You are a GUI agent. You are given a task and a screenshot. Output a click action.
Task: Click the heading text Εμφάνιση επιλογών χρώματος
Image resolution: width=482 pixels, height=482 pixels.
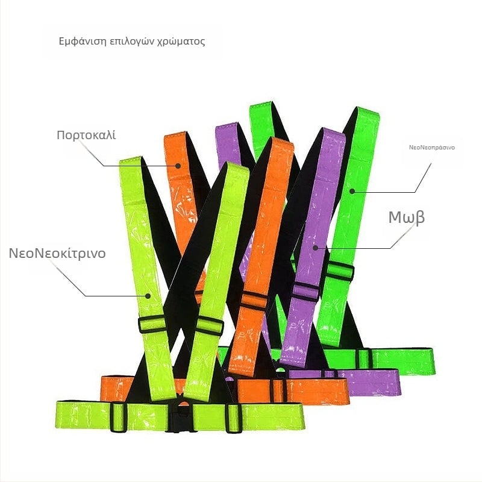(x=132, y=42)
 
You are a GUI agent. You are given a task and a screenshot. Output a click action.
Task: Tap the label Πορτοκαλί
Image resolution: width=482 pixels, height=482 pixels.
(x=86, y=135)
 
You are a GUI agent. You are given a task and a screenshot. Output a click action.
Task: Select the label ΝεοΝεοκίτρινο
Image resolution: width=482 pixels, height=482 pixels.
(x=57, y=253)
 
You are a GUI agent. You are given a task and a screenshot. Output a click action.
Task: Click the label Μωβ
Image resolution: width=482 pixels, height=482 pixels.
(x=406, y=218)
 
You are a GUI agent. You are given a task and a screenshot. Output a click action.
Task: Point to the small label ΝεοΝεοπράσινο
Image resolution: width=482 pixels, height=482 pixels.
(x=431, y=148)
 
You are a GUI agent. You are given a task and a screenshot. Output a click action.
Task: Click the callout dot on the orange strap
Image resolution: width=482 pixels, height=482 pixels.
(x=178, y=166)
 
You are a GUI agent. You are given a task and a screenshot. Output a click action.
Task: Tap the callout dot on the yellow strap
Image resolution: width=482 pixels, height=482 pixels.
(x=148, y=296)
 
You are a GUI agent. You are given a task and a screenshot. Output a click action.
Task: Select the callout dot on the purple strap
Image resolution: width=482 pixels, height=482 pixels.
(x=315, y=248)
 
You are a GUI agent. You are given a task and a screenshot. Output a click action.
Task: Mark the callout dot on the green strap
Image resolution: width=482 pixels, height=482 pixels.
(x=352, y=191)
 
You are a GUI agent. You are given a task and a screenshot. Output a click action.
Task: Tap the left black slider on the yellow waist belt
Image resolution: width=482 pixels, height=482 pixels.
(x=118, y=417)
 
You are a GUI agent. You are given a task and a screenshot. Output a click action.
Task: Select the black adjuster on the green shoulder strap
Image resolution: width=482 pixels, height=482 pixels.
(x=339, y=271)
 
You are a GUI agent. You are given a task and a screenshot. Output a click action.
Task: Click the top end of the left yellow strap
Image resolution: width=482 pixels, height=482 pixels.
(x=130, y=160)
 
